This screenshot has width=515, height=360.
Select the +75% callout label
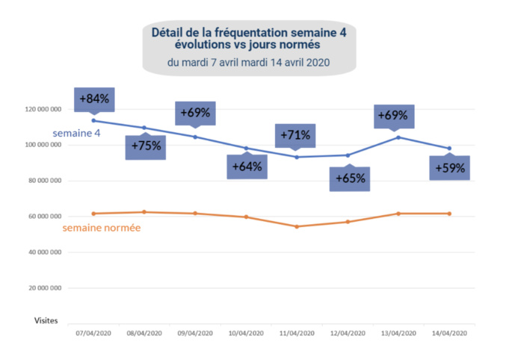[x=145, y=146]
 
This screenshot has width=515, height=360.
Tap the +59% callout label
[x=450, y=168]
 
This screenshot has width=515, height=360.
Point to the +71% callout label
[x=295, y=135]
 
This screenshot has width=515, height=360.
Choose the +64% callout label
[x=247, y=167]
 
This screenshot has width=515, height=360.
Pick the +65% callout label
[x=349, y=179]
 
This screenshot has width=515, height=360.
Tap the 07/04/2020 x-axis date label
[x=93, y=333]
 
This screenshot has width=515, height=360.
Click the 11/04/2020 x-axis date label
[x=297, y=333]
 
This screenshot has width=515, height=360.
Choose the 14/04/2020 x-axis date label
[x=449, y=333]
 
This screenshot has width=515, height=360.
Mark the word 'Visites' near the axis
[x=46, y=320]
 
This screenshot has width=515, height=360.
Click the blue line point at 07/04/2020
[x=93, y=120]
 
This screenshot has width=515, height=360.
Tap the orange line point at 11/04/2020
[x=297, y=226]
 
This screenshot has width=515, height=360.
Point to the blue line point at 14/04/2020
[x=449, y=148]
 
